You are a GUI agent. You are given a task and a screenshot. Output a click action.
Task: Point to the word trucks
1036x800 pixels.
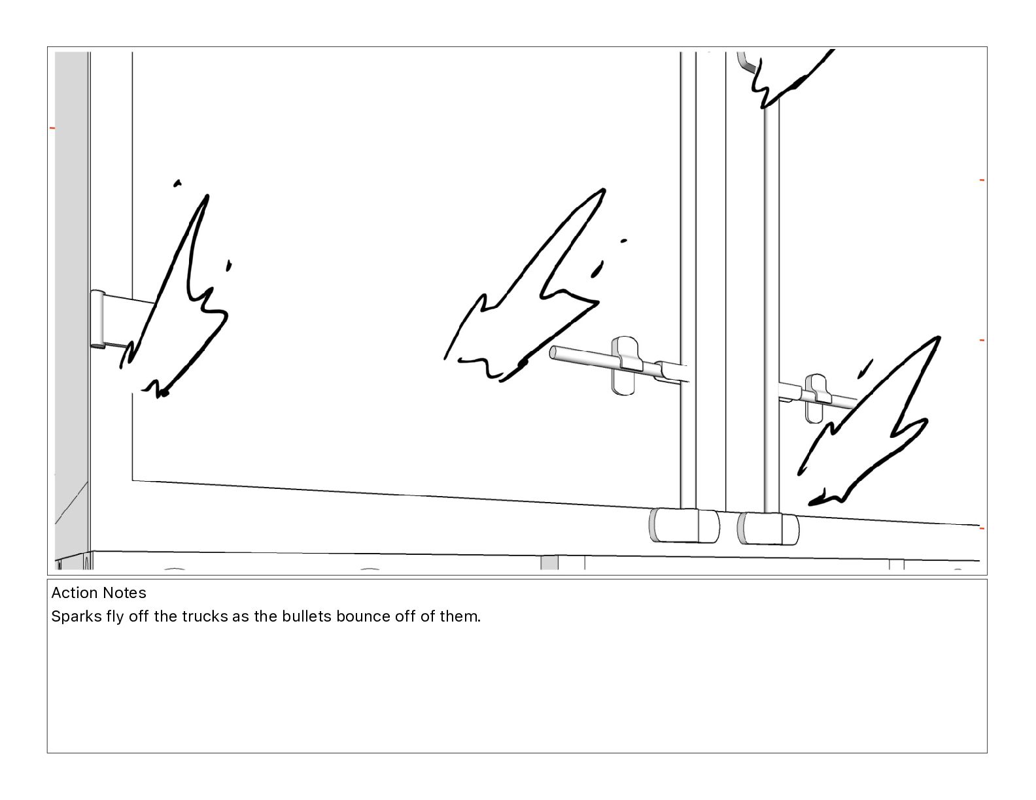205,616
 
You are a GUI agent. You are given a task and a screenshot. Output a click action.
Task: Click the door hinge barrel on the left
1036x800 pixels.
97,319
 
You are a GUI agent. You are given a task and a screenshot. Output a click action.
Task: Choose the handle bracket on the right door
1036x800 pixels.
817,398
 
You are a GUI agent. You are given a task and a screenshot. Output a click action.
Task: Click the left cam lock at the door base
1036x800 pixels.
684,525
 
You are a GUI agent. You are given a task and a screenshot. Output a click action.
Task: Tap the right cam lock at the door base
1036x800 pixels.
768,529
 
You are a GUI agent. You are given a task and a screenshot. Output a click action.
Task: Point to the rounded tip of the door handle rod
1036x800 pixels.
553,352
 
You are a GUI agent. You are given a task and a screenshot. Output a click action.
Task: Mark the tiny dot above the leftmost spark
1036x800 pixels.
177,183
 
